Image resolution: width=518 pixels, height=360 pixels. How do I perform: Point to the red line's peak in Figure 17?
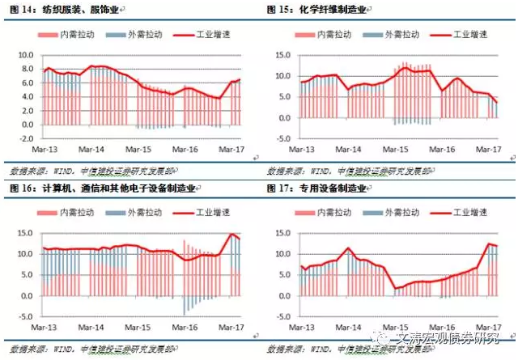(490, 244)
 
